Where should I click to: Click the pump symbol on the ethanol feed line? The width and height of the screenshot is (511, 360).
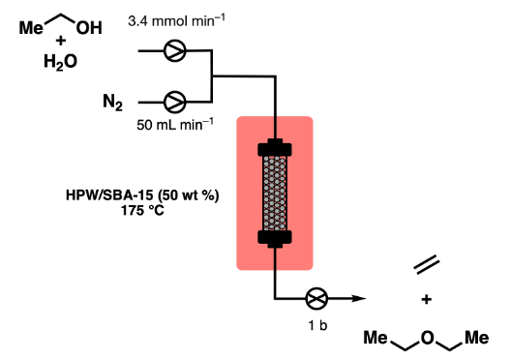tap(175, 51)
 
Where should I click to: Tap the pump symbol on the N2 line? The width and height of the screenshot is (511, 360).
tap(175, 103)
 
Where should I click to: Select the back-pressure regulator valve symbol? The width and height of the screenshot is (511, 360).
tap(316, 298)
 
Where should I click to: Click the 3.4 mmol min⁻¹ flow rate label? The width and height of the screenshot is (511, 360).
tap(176, 21)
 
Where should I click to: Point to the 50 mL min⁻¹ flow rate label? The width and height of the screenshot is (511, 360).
tap(175, 125)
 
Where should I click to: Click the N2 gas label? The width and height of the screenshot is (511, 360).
tap(113, 103)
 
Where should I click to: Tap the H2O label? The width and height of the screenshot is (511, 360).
tap(60, 62)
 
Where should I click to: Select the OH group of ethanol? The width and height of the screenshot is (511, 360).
tap(89, 28)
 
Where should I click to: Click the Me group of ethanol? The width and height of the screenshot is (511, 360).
tap(31, 28)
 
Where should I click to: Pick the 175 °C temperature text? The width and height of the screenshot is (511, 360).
tap(142, 210)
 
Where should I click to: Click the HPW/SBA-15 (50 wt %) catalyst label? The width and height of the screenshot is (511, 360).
tap(142, 195)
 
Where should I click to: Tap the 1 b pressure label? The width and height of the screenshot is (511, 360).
tap(317, 325)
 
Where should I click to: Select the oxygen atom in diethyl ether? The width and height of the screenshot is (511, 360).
tap(428, 338)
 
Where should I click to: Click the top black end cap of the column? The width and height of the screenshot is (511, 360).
tap(275, 148)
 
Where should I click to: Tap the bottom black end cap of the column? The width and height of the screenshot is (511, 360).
tap(275, 239)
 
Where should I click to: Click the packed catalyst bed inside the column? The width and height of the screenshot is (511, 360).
tap(275, 194)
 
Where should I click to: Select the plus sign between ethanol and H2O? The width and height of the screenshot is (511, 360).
tap(61, 41)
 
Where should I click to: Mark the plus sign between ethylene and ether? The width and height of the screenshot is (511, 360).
tap(427, 299)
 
